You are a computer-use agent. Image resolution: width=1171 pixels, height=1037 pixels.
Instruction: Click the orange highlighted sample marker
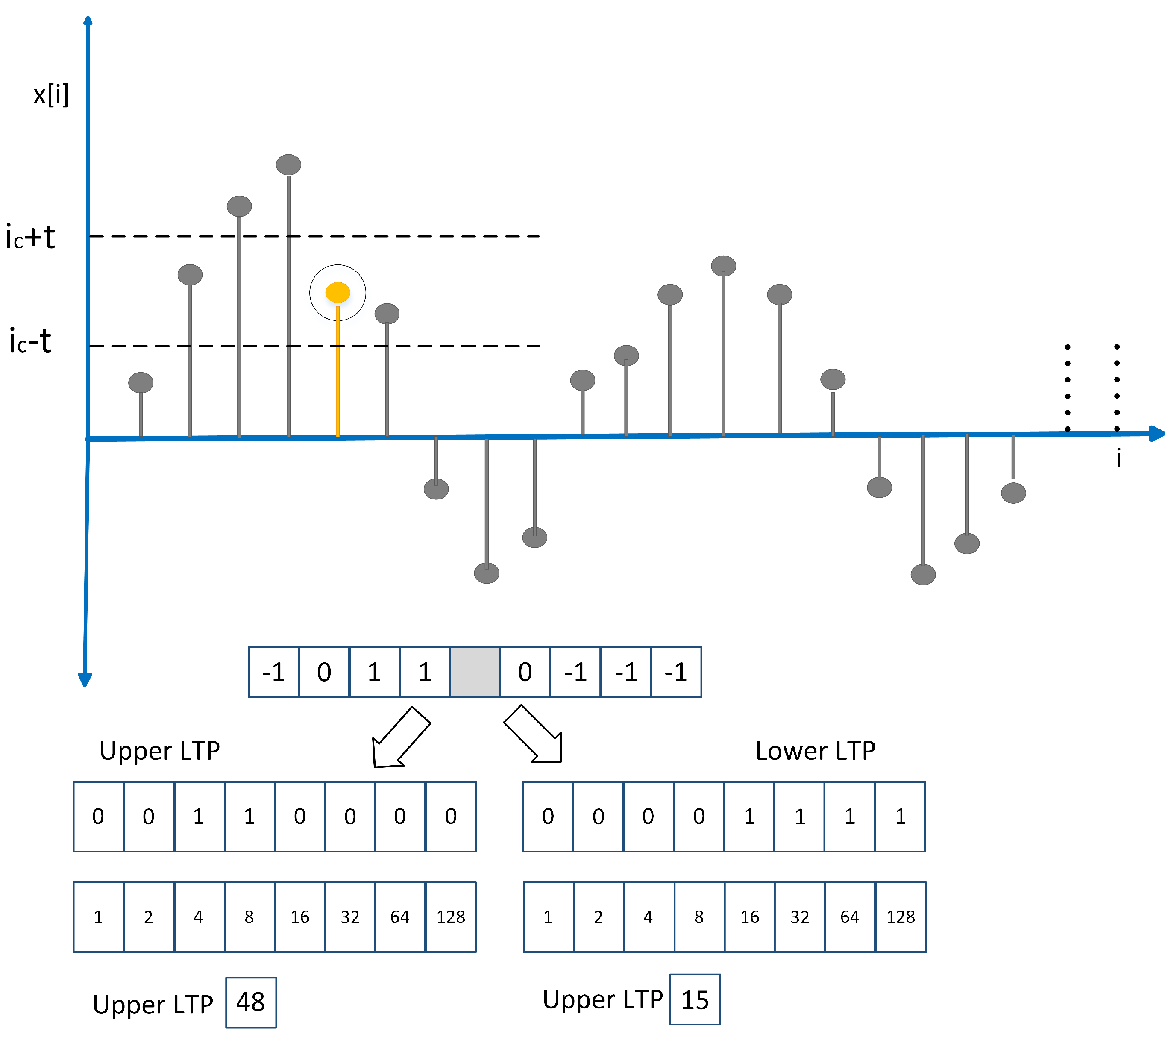coord(338,292)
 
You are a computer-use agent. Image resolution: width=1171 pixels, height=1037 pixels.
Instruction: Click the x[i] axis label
coord(51,94)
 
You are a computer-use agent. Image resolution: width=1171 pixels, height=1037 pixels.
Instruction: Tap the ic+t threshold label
coord(30,237)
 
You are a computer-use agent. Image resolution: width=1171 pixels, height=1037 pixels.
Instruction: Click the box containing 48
coord(251,1002)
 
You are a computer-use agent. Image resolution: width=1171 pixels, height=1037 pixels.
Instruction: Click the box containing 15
coord(695,1000)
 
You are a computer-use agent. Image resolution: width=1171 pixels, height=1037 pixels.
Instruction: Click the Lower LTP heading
coord(815,751)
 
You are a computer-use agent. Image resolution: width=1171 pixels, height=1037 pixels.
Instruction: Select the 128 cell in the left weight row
coord(451,917)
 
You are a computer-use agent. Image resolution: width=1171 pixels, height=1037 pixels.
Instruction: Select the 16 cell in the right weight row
coord(749,917)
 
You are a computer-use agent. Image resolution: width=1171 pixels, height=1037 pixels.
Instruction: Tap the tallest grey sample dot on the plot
coord(288,165)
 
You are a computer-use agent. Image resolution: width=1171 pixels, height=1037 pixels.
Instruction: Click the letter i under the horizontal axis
coord(1118,458)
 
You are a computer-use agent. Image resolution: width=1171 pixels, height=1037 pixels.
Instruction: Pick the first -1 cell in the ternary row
coord(274,672)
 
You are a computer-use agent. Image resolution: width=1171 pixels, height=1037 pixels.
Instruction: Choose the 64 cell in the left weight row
coord(400,917)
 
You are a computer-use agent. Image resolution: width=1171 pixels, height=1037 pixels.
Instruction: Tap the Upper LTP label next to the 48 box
coord(153,1005)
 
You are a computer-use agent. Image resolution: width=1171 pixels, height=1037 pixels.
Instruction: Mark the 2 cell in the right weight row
coord(598,917)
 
